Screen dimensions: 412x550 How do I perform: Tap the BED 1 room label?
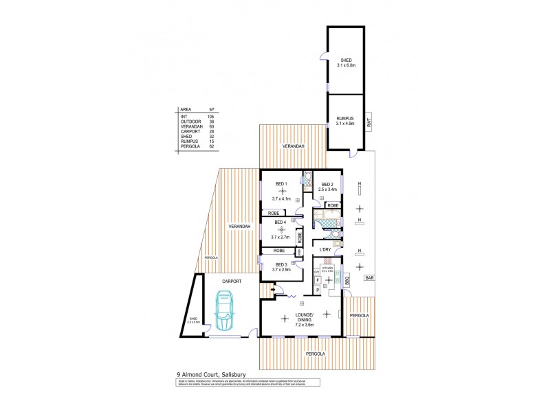(280, 184)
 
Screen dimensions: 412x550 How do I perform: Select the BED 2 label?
(327, 184)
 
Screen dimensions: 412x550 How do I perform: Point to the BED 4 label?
(280, 222)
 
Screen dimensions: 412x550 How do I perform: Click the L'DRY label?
(326, 249)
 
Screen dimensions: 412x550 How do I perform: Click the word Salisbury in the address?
(225, 374)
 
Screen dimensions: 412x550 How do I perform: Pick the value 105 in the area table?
(212, 117)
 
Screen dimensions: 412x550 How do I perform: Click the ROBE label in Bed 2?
(332, 205)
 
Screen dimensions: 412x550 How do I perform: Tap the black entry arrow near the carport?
(275, 290)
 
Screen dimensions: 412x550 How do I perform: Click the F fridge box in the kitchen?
(318, 281)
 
